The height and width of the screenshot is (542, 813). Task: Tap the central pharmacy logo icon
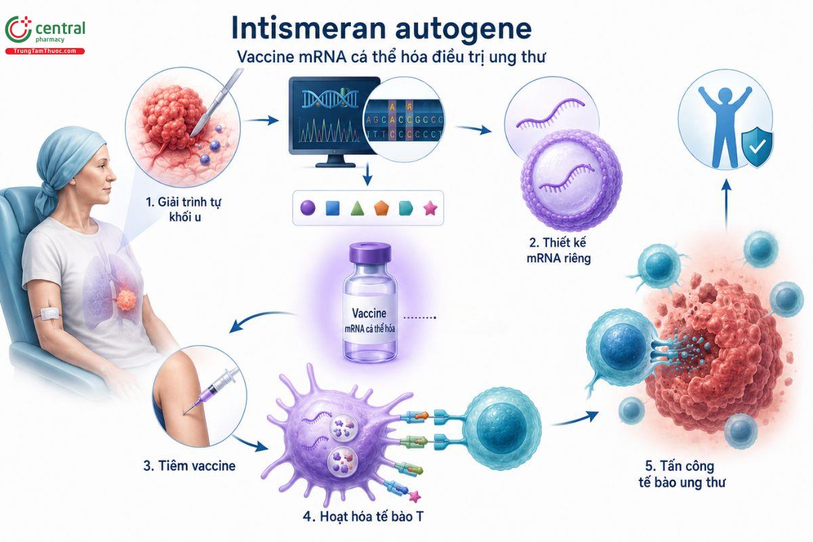coord(18,29)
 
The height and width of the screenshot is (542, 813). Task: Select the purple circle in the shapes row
coord(308,208)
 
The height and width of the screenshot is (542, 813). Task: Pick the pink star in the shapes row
coord(430,209)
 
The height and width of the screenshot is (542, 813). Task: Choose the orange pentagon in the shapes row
coord(381,209)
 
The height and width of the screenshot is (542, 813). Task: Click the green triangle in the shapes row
coord(357,209)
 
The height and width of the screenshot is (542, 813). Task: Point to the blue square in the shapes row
coord(333,209)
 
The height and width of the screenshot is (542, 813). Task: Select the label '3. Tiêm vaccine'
coord(190,465)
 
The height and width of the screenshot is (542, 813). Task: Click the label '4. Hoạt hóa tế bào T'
coord(363,516)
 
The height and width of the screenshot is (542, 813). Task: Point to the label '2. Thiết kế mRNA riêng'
coord(558,251)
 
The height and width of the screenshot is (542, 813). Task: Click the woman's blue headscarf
coord(69,160)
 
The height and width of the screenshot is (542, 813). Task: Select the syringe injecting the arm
coord(211,391)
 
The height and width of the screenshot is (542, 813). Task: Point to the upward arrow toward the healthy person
coord(726,205)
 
